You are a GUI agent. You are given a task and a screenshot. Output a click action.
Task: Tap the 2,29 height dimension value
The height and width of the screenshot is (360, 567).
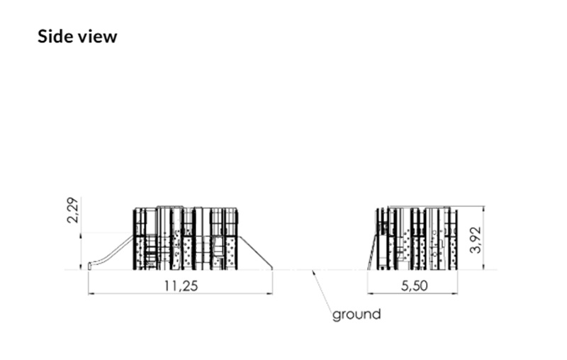coord(73,210)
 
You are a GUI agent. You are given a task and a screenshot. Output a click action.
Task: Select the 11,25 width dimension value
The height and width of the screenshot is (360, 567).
coord(181,286)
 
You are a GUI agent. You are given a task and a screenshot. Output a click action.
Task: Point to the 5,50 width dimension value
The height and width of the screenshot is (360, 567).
coord(415,286)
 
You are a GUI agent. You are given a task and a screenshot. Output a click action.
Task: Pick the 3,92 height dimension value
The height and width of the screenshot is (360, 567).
coord(476,240)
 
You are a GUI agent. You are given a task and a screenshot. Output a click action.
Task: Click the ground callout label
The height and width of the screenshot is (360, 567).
coord(357,315)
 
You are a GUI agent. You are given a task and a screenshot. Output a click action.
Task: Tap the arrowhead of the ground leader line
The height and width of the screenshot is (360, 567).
coord(314,273)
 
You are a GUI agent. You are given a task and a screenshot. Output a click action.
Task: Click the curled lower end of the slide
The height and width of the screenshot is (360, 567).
coord(90,266)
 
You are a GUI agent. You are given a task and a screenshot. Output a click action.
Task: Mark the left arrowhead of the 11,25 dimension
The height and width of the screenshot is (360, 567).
coord(91,293)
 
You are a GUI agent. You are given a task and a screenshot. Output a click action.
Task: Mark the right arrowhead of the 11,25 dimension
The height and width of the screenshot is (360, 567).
coord(270,293)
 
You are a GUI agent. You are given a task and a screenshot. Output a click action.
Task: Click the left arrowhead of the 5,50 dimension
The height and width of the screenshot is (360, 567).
coord(371,293)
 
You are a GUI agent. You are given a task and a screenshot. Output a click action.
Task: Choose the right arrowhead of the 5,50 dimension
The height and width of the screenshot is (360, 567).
coord(454,293)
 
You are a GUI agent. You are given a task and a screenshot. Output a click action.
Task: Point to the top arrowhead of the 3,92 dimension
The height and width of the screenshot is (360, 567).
coord(484,209)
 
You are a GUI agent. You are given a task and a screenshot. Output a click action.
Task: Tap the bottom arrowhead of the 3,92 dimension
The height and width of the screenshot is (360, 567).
coord(484,266)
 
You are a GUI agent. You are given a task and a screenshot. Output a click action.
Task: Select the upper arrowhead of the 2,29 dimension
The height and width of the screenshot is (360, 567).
coord(81,235)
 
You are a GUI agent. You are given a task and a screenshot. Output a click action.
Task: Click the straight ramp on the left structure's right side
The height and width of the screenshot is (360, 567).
coord(256,252)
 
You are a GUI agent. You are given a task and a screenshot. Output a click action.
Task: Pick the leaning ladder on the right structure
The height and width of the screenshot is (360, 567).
coord(373,251)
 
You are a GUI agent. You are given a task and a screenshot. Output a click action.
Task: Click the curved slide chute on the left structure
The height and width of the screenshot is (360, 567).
coord(111,252)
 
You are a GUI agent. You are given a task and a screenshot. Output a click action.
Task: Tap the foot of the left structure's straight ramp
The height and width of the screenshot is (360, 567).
coord(271,268)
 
